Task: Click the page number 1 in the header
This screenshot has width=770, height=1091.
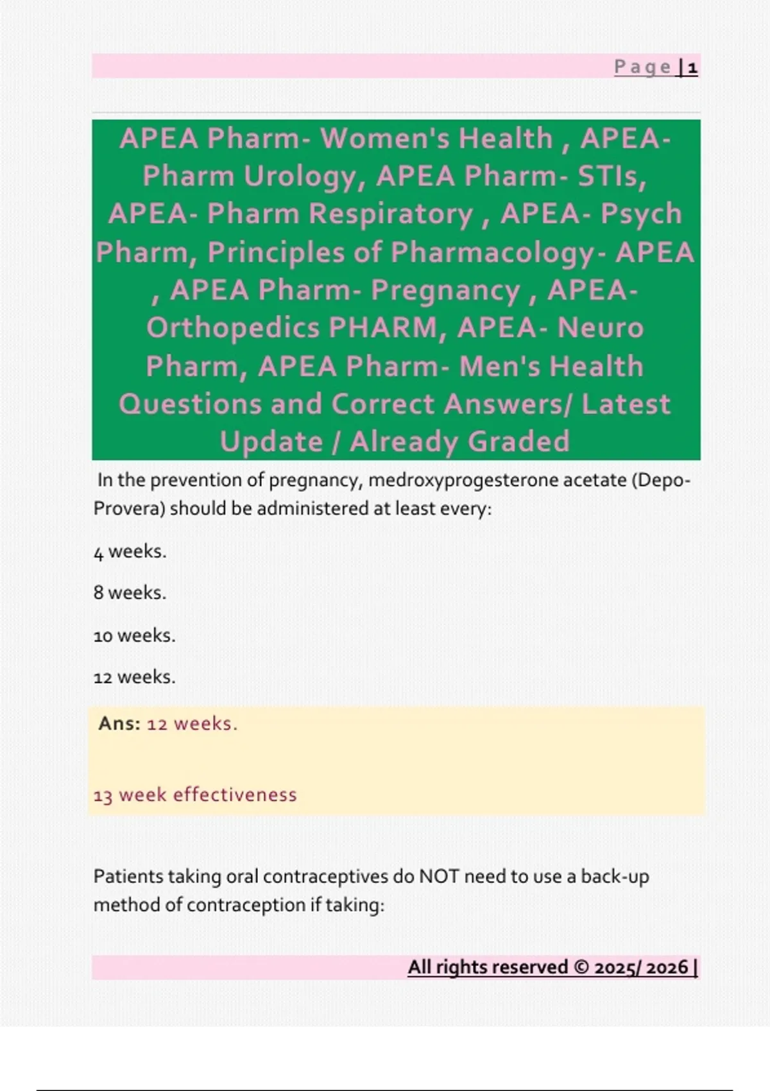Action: pyautogui.click(x=692, y=67)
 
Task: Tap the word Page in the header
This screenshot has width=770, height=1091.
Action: pyautogui.click(x=642, y=67)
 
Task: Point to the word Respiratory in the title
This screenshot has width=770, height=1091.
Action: pyautogui.click(x=390, y=214)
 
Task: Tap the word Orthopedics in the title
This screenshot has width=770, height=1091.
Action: pyautogui.click(x=233, y=328)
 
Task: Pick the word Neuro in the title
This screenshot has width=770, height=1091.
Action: pyautogui.click(x=600, y=328)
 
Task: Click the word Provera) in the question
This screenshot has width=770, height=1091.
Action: pyautogui.click(x=129, y=508)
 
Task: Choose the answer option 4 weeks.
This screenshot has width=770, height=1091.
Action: pyautogui.click(x=130, y=551)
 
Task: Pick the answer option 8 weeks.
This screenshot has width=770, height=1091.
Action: pyautogui.click(x=130, y=592)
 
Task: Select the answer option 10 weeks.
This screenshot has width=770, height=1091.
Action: pyautogui.click(x=134, y=635)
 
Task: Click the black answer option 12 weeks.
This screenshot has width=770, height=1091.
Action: pyautogui.click(x=134, y=677)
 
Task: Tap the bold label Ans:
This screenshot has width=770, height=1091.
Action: pyautogui.click(x=119, y=724)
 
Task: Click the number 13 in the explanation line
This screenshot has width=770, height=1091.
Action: pyautogui.click(x=103, y=796)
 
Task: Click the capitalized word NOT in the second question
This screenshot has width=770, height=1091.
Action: pyautogui.click(x=439, y=877)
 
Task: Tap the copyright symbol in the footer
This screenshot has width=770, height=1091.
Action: pyautogui.click(x=581, y=967)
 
